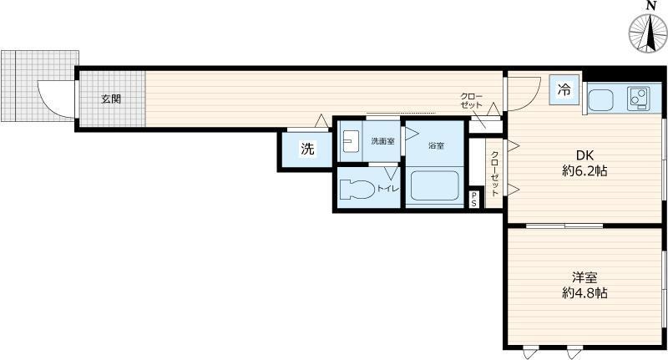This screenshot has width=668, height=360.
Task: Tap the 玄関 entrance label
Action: [111, 99]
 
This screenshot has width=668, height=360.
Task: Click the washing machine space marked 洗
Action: [307, 150]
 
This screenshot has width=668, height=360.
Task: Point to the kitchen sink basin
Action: [605, 100]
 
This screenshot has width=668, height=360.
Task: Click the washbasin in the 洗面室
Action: [351, 141]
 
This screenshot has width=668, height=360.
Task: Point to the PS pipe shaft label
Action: [474, 199]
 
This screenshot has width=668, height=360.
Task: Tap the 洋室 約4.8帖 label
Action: [584, 286]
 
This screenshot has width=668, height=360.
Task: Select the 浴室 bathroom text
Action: [436, 146]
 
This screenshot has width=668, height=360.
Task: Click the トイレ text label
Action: [388, 190]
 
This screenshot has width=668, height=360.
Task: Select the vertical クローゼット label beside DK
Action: [494, 172]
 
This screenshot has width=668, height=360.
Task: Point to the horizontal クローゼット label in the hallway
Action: [471, 102]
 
